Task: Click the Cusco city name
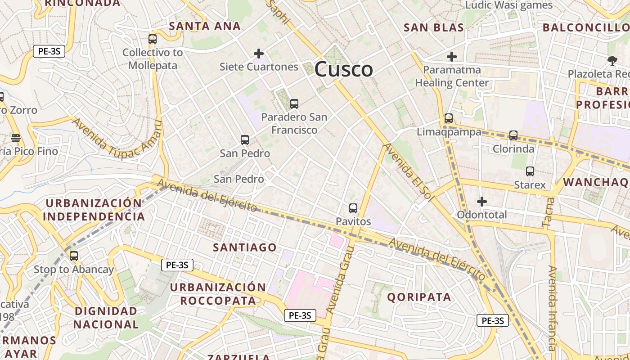(343, 69)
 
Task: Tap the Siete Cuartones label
(259, 67)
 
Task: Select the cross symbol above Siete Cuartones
(259, 54)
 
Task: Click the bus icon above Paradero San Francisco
(294, 104)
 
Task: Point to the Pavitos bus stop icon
(353, 208)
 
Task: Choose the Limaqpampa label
(449, 132)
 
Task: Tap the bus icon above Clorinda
(513, 135)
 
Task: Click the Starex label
(530, 185)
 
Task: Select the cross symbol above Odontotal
(482, 202)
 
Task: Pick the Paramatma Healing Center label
(452, 76)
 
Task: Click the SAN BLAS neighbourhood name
(434, 27)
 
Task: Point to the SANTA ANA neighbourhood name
(205, 26)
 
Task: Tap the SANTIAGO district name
(245, 247)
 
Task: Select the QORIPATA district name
(419, 297)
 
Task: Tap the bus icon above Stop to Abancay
(74, 256)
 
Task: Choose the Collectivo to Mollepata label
(153, 59)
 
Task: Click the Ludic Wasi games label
(508, 5)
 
